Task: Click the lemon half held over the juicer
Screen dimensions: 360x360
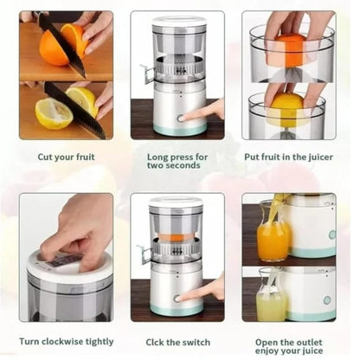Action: coord(286,107)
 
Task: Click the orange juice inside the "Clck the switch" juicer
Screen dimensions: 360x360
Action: coord(177,237)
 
